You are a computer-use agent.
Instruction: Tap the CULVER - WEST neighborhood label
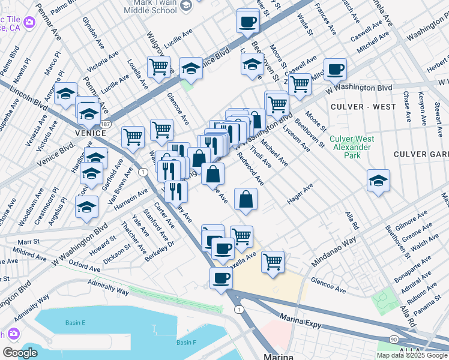click(x=363, y=107)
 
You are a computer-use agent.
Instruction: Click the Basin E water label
click(x=76, y=323)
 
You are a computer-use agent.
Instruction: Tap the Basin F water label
click(x=187, y=343)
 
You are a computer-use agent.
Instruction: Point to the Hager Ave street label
click(x=300, y=194)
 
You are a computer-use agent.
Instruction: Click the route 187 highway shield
click(x=106, y=124)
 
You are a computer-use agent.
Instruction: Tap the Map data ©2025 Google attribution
click(x=412, y=355)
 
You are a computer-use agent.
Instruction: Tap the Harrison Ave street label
click(x=131, y=199)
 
